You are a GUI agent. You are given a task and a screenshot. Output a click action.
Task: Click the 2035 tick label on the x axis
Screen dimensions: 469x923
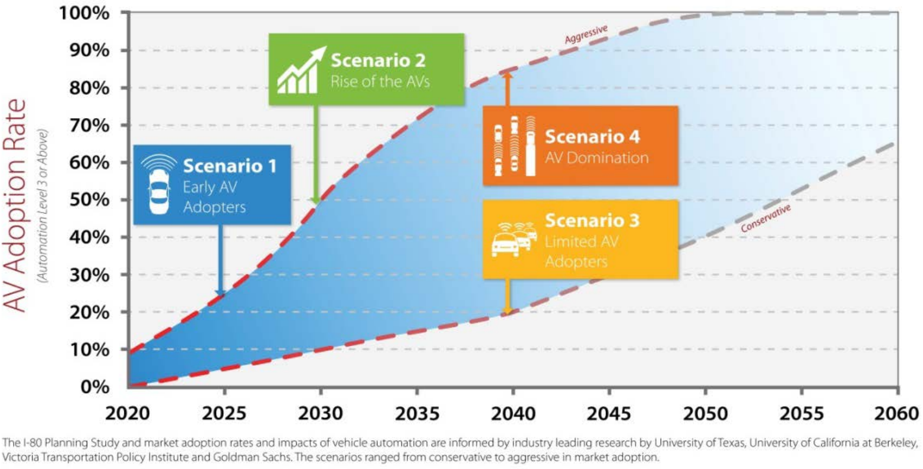(x=417, y=412)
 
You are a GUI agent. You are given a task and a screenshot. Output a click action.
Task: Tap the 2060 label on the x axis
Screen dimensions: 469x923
(x=897, y=412)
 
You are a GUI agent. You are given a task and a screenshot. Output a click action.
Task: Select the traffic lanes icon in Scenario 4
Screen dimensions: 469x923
(x=514, y=146)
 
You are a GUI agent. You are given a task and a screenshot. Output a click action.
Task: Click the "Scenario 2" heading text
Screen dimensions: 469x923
(x=378, y=60)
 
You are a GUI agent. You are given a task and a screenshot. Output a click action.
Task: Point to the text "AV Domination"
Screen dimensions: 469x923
(x=597, y=158)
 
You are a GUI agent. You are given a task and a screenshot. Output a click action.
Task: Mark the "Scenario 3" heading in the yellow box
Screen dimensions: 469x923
(x=592, y=220)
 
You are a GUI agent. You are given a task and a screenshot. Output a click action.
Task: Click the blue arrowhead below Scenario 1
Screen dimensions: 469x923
(x=220, y=292)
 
